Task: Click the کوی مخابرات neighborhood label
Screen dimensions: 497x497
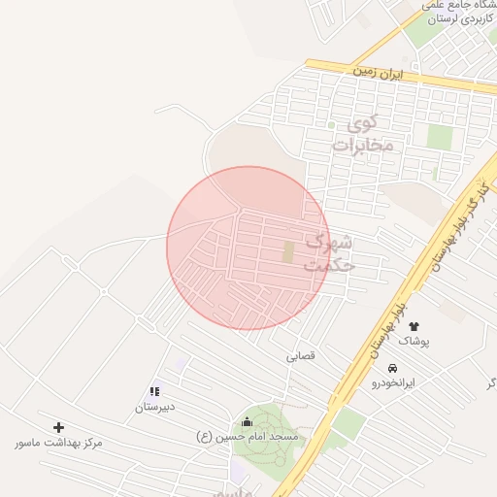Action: [363, 134]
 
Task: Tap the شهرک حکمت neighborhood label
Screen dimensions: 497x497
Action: [331, 252]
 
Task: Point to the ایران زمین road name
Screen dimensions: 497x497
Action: [377, 73]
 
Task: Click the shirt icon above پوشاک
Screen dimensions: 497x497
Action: [414, 326]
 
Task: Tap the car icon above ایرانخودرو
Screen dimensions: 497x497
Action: [392, 369]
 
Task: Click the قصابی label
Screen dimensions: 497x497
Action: [300, 356]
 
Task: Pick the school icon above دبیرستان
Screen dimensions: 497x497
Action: [154, 392]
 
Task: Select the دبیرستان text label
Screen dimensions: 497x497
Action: [154, 407]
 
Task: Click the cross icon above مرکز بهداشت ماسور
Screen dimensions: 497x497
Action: [58, 427]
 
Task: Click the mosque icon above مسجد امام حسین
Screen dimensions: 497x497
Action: [246, 421]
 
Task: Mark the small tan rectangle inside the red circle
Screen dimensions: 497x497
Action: [288, 251]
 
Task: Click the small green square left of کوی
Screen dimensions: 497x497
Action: [330, 125]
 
